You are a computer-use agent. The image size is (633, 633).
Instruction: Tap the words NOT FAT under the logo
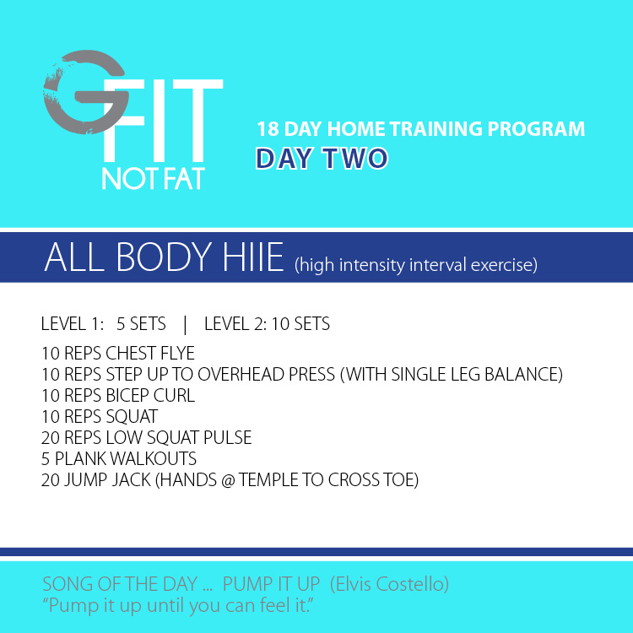tap(153, 178)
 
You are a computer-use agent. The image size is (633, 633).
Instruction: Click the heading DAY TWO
tap(322, 159)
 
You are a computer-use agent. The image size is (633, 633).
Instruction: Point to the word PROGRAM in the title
tap(536, 129)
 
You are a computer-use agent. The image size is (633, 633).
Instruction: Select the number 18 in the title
tap(268, 129)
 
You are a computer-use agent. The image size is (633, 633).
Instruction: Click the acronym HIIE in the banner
tap(253, 257)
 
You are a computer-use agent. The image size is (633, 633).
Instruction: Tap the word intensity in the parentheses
tap(372, 265)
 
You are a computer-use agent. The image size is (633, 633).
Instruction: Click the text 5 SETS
tap(141, 324)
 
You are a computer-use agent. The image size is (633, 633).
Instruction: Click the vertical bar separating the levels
tap(185, 325)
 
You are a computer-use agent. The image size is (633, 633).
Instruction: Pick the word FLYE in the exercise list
tap(177, 354)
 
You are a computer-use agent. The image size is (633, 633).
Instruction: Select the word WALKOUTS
tap(153, 458)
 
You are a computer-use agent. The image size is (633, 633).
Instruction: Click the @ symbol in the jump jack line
tap(228, 480)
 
